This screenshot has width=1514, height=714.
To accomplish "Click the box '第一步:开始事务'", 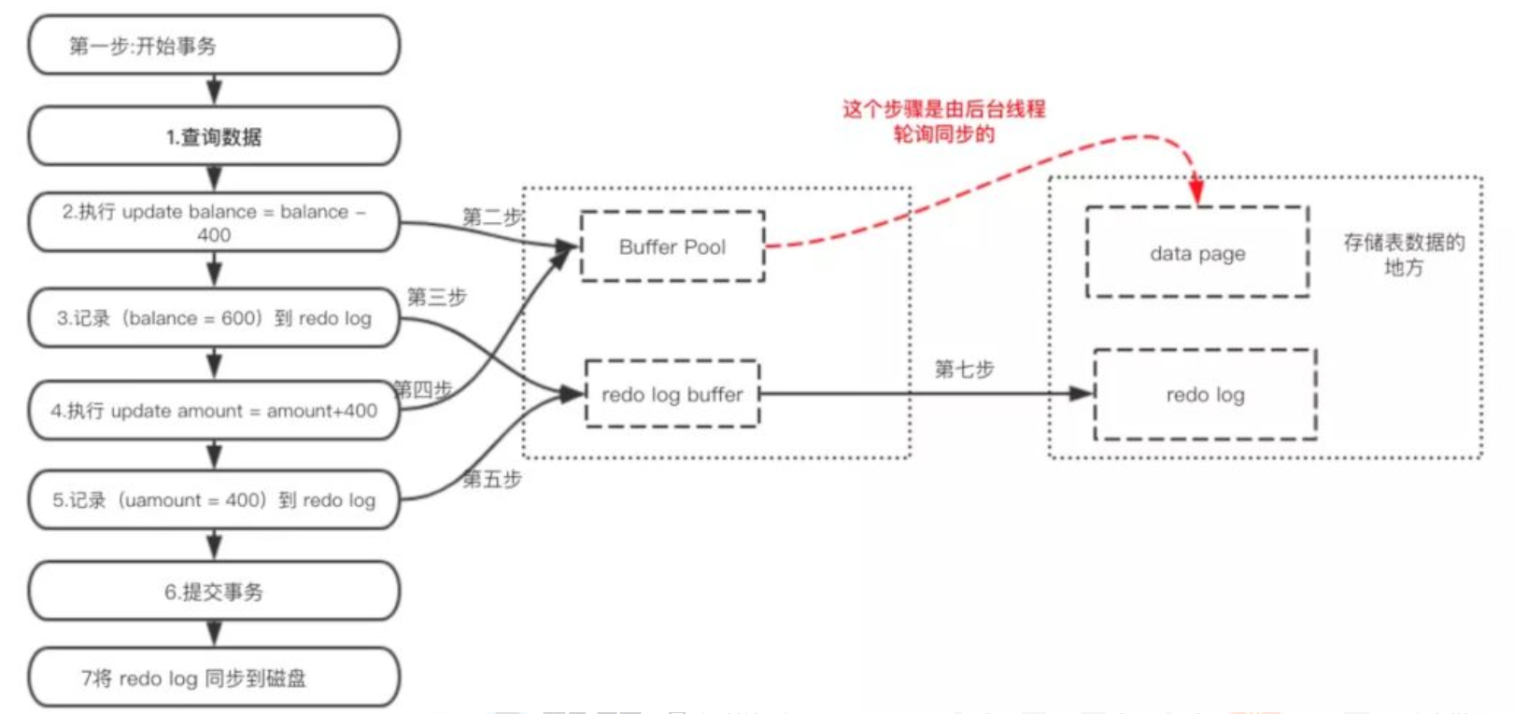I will click(x=214, y=45).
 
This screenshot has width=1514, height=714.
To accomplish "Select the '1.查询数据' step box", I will click(x=214, y=136).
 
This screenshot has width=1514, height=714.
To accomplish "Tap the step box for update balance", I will click(x=214, y=223).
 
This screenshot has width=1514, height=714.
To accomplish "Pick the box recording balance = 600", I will click(x=214, y=318).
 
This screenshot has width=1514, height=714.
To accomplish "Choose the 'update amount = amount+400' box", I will click(x=214, y=411).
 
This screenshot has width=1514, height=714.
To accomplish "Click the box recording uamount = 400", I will click(x=214, y=500).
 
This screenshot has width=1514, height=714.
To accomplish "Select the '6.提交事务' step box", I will click(x=214, y=592).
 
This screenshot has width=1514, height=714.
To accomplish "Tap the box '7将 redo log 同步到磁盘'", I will click(x=214, y=679).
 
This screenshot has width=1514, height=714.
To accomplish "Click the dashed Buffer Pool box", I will click(x=672, y=247).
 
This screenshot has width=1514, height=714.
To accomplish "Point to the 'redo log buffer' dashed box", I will click(x=672, y=395).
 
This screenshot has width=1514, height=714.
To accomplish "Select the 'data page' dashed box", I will click(x=1197, y=253).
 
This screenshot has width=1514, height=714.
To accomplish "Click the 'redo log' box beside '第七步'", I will click(x=1205, y=395).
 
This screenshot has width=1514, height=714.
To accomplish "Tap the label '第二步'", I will click(x=491, y=217).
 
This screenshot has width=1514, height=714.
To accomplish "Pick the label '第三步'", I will click(x=436, y=297).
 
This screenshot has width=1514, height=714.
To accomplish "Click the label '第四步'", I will click(x=422, y=388).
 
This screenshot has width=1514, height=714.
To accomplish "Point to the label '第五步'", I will click(x=492, y=479).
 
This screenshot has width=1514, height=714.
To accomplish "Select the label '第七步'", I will click(x=964, y=370).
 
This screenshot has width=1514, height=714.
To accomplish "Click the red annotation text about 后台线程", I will click(x=943, y=121).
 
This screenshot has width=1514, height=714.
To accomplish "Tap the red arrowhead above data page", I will click(x=1196, y=191).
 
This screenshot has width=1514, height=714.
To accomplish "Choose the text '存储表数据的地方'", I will click(x=1403, y=255).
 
